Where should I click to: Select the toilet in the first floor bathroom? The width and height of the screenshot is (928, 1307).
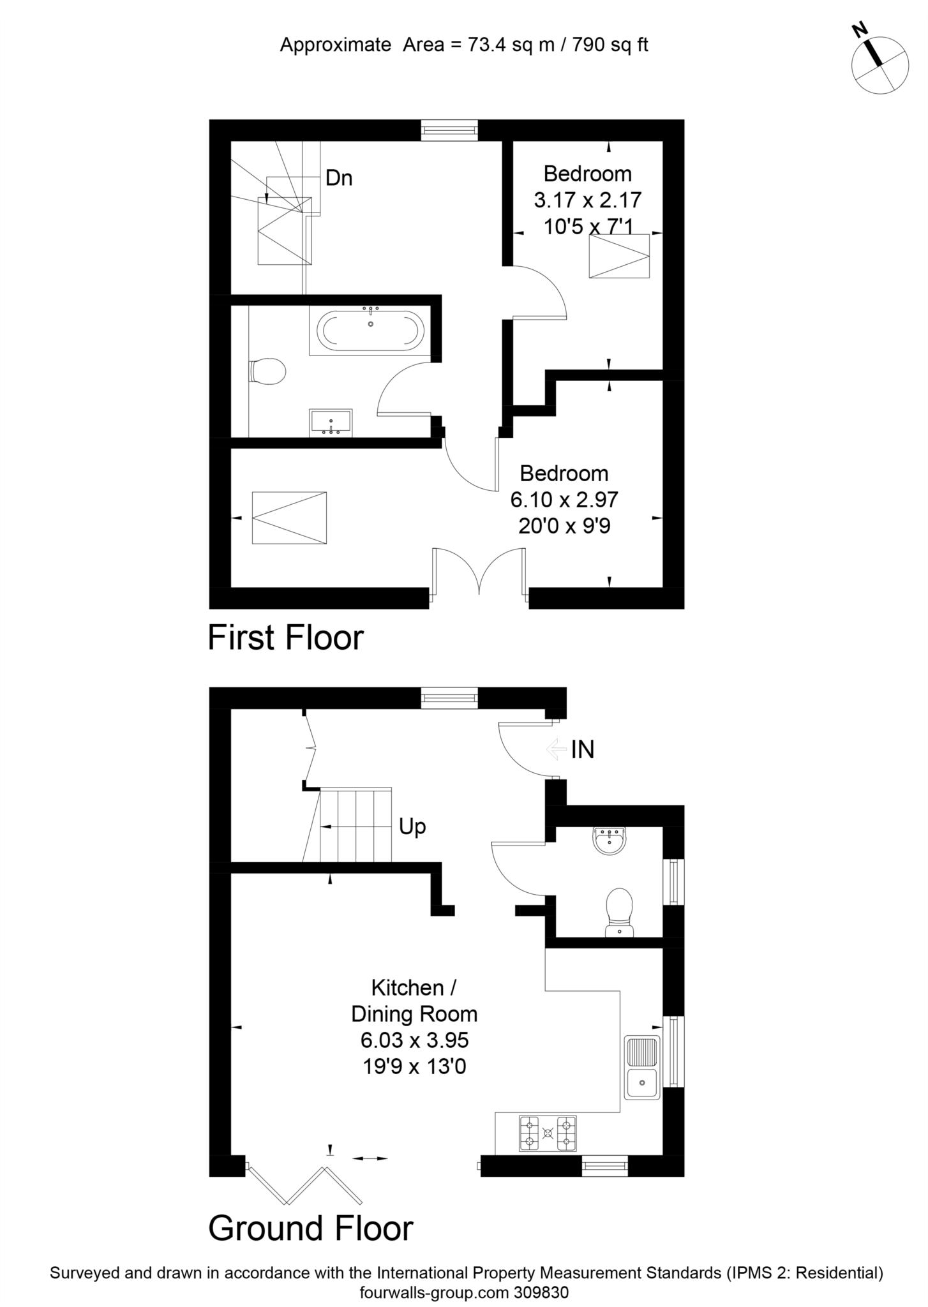point(266,371)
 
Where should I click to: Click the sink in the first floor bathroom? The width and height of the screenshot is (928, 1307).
point(331,423)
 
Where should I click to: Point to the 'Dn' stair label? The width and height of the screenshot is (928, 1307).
point(339,178)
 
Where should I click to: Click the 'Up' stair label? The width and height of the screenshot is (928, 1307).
point(412,827)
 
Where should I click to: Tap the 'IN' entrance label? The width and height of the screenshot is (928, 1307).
point(583,750)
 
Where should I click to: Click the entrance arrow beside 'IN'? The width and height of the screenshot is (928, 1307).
point(557,749)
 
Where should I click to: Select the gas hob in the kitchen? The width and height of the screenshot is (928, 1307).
point(548,1133)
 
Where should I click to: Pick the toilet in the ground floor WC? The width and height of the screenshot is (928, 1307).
point(619,913)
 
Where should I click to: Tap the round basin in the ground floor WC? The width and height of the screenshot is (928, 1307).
point(610,840)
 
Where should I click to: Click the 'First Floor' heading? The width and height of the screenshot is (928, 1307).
point(286,638)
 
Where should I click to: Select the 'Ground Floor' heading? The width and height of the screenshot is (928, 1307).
point(311,1229)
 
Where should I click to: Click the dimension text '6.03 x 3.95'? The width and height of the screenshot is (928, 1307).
point(415,1040)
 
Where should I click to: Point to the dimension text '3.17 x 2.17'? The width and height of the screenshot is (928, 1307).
point(588,200)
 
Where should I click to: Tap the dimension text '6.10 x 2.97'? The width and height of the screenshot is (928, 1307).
point(564,499)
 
